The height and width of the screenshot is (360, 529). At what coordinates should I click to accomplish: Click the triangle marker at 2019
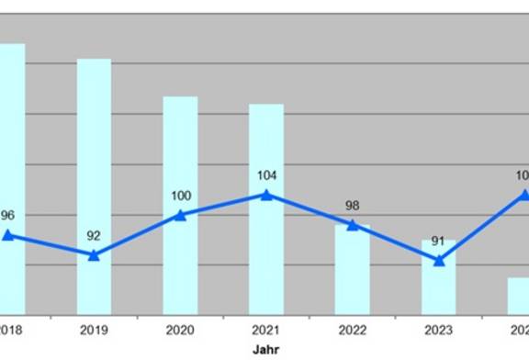pos(94,254)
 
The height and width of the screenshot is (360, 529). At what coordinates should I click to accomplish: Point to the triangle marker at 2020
pos(180,215)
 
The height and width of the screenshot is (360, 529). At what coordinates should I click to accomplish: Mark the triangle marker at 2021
pos(266,195)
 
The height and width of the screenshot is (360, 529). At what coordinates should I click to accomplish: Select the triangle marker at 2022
pos(352,225)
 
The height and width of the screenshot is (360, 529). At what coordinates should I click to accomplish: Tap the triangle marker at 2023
pos(438,260)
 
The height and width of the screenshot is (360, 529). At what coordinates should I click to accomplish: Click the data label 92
pos(94,236)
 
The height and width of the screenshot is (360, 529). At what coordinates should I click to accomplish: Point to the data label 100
pos(180,196)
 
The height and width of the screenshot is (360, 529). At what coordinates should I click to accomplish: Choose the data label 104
pos(266,175)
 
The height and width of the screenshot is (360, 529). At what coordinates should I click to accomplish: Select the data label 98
pos(352,206)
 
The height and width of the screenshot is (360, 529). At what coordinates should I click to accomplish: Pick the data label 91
pos(438,242)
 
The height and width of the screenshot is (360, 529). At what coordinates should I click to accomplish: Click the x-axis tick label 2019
pos(94,329)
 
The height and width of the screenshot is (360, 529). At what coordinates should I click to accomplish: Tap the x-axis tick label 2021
pos(266,329)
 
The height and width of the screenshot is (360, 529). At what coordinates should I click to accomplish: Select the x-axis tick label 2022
pos(352,329)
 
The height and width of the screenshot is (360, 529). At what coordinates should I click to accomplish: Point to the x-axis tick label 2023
pos(438,329)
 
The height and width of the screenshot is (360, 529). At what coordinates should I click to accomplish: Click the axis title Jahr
pos(266,349)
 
